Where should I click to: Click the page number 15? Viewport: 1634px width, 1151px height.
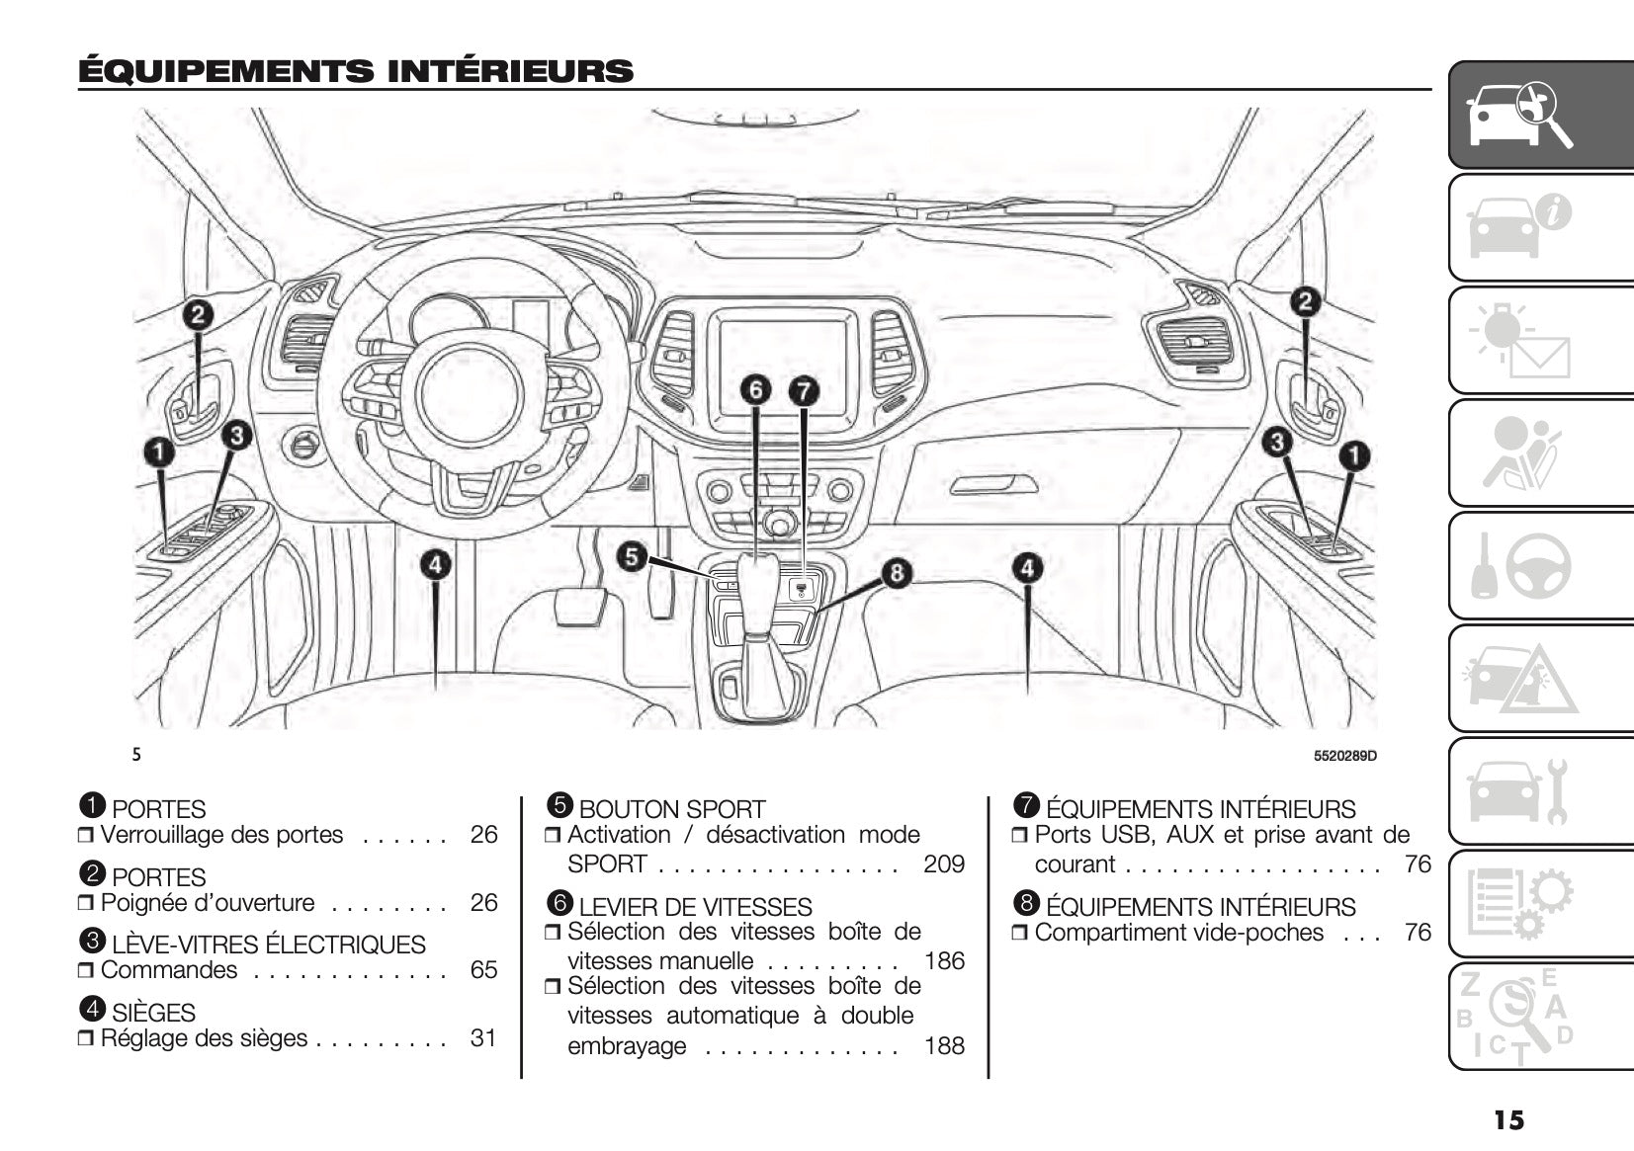click(x=1508, y=1119)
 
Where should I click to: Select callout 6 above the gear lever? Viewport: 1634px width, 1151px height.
click(x=755, y=390)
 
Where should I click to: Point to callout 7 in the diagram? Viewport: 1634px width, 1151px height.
click(x=803, y=391)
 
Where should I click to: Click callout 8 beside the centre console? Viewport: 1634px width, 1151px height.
click(x=896, y=573)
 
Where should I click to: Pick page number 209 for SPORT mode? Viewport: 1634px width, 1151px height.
click(x=943, y=864)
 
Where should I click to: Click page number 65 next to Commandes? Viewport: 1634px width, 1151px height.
click(x=483, y=970)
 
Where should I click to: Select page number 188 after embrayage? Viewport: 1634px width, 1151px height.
click(x=943, y=1046)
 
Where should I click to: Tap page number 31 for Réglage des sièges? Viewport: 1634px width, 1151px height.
click(x=483, y=1038)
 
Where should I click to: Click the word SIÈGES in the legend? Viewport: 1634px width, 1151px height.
click(x=153, y=1013)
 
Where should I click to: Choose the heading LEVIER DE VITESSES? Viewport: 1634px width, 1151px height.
click(x=695, y=907)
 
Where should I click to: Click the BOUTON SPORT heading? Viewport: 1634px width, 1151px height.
click(x=671, y=809)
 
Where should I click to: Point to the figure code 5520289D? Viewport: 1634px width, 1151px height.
click(x=1344, y=757)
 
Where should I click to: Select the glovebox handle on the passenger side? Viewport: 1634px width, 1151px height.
click(x=992, y=484)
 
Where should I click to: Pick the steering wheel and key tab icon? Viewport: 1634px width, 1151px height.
click(x=1517, y=565)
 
